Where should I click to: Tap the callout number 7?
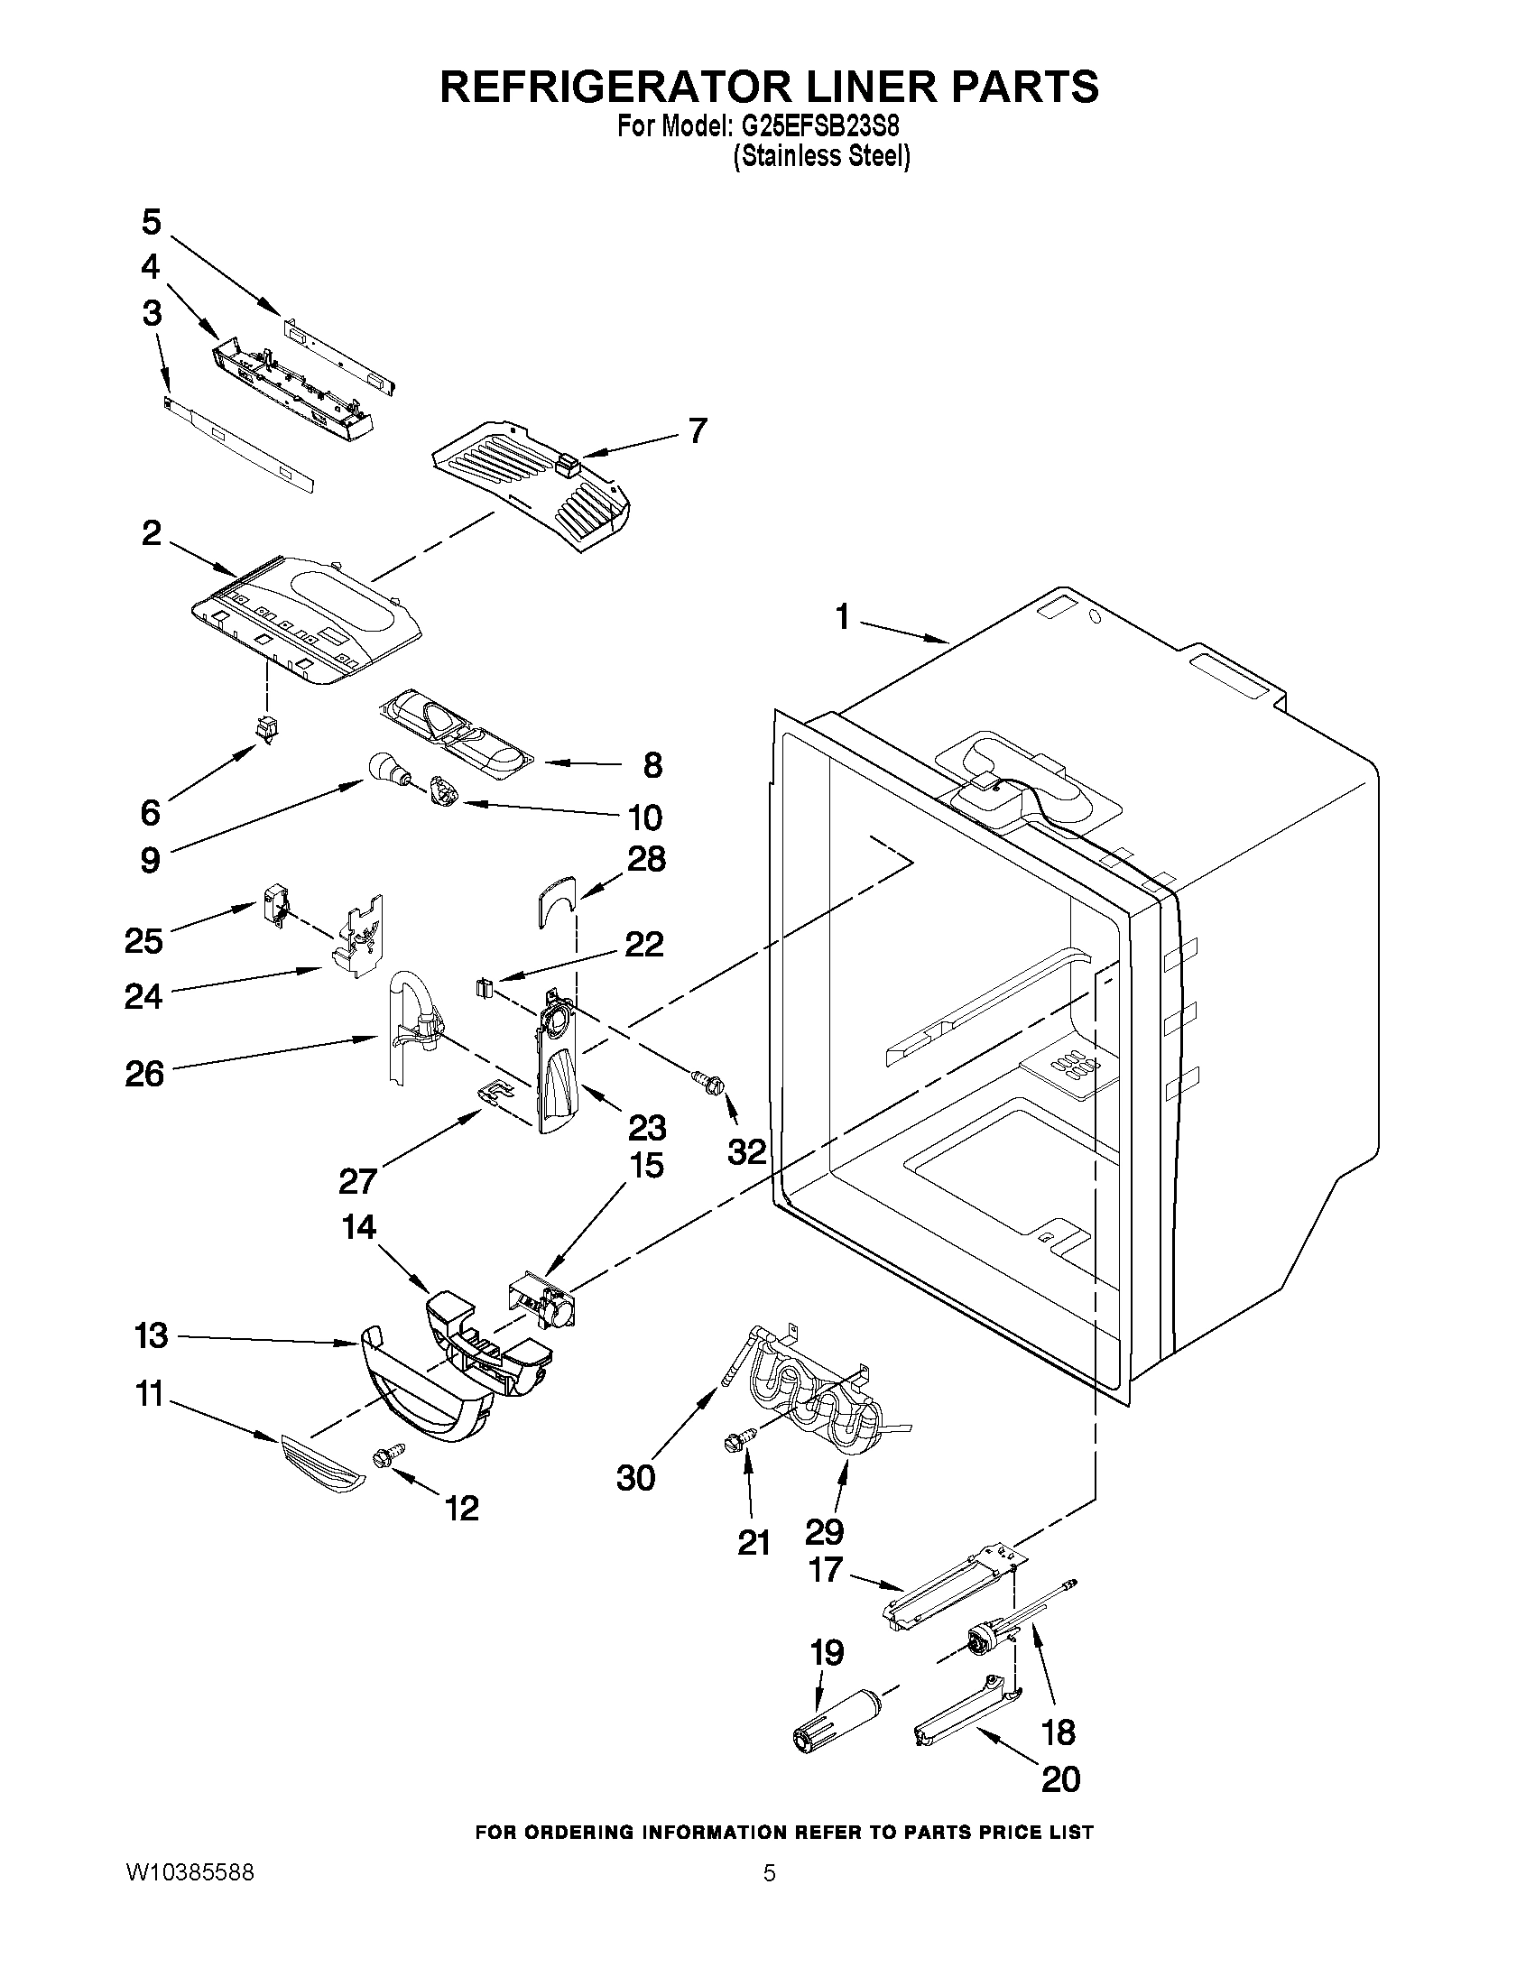(697, 430)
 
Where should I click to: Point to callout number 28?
(645, 858)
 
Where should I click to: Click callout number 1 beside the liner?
(842, 617)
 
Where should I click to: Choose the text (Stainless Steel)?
(822, 156)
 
